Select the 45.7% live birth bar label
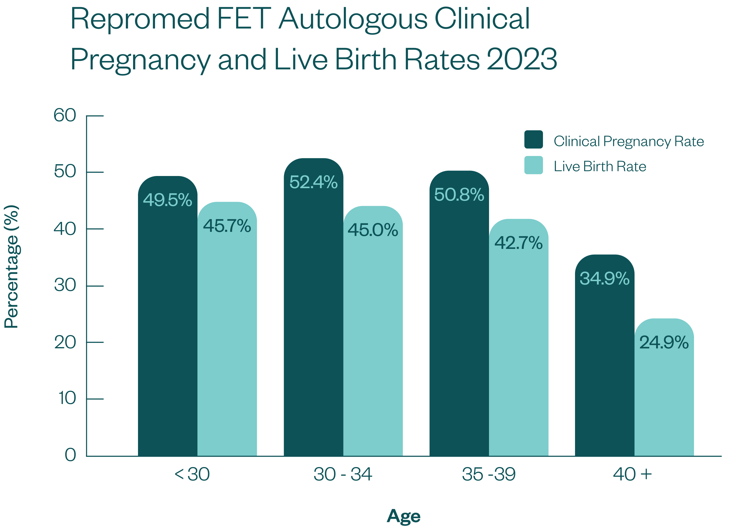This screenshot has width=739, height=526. point(227,226)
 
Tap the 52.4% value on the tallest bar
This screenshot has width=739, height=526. point(313,182)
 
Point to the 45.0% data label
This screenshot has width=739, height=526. point(373,230)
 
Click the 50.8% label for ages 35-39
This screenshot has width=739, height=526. point(459,195)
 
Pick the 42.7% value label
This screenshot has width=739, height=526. point(518,243)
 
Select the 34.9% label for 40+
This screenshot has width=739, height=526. point(604,278)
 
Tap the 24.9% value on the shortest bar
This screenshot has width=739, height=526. point(664,342)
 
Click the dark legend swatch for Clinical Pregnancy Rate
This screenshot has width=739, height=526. point(533,140)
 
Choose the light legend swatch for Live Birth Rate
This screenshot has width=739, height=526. point(533,165)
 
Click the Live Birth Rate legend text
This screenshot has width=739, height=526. point(600,166)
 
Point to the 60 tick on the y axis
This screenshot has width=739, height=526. point(65,115)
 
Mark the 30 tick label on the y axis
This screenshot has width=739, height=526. point(65,285)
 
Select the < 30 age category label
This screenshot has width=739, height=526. point(192,475)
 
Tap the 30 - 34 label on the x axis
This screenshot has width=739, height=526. point(343,475)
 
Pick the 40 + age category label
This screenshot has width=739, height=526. point(632,475)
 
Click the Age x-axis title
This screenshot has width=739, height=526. point(404,516)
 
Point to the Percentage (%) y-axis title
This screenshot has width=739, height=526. point(12,266)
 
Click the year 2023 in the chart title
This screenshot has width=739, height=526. point(522,59)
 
